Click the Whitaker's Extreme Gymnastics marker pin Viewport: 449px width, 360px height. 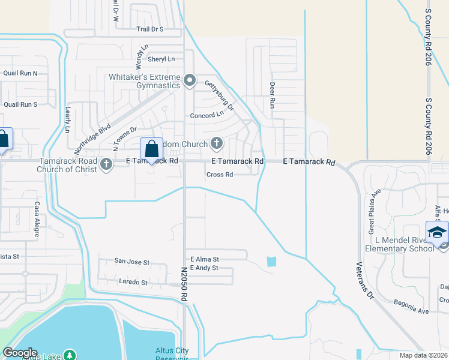point(190,80)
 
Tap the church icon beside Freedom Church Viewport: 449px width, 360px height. point(217,143)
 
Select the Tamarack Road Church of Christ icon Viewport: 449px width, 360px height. point(106,164)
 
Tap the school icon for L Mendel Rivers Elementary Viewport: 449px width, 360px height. point(437,232)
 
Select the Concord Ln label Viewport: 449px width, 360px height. point(206,115)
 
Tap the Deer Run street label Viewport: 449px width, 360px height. point(272,95)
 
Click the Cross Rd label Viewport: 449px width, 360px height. point(219,175)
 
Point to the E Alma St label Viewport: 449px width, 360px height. point(205,259)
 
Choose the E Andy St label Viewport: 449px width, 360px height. point(204,268)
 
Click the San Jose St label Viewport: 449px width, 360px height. point(131,262)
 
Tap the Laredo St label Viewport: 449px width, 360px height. point(133,282)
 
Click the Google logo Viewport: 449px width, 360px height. point(20,353)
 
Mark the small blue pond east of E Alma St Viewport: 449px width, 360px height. point(272,262)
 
